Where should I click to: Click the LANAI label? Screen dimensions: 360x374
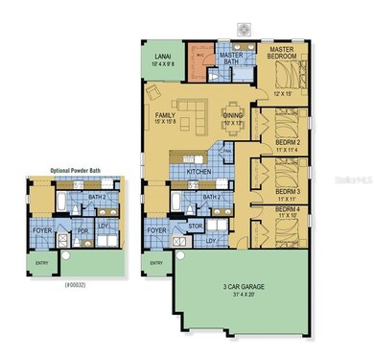tap(159, 57)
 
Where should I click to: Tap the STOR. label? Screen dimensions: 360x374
tap(196, 228)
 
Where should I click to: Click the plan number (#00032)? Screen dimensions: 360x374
tap(74, 285)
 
